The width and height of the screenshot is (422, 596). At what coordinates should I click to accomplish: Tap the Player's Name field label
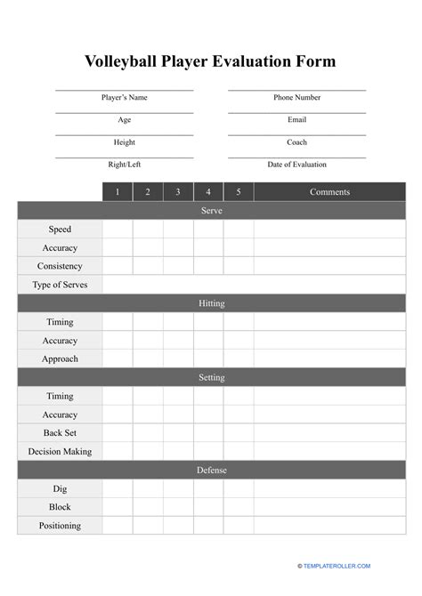click(125, 98)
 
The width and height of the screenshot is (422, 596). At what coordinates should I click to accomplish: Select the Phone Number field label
click(296, 98)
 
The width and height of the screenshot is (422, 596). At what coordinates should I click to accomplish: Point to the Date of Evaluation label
click(296, 165)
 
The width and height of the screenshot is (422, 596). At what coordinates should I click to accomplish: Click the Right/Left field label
click(125, 165)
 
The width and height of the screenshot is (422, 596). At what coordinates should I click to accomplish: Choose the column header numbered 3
click(178, 192)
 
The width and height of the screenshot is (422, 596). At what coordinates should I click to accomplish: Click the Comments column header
click(329, 192)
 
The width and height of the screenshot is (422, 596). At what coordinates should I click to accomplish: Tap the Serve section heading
click(211, 211)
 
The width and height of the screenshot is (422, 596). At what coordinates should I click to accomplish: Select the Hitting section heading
click(211, 303)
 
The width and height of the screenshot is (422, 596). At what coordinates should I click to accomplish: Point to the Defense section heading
click(211, 470)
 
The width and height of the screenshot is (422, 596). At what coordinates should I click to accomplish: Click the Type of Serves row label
click(60, 285)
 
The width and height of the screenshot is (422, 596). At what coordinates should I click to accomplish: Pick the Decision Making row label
click(60, 451)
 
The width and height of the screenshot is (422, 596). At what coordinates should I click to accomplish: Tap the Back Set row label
click(60, 432)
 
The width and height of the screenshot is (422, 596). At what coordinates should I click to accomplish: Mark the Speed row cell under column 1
click(118, 230)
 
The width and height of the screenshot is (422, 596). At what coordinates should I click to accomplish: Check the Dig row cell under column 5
click(239, 488)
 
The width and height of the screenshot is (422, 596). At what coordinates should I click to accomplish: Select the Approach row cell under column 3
click(178, 358)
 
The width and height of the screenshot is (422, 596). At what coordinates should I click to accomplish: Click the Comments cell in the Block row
click(329, 507)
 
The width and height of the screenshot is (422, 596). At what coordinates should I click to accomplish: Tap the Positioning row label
click(60, 526)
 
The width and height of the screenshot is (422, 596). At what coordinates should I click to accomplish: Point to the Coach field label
click(296, 142)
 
